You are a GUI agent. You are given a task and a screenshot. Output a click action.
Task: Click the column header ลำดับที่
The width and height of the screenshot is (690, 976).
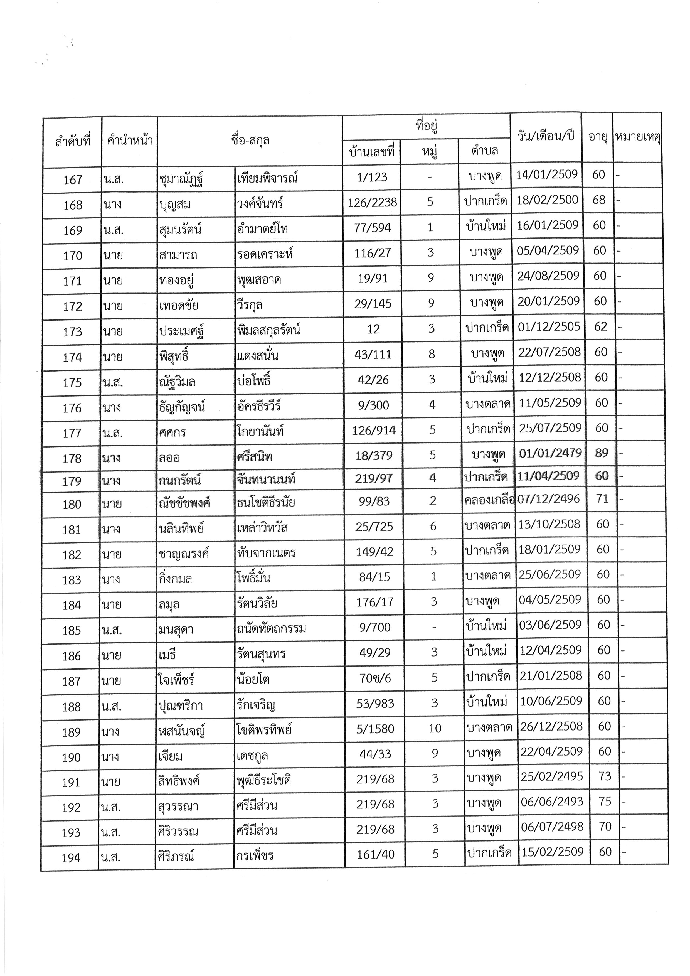coord(73,141)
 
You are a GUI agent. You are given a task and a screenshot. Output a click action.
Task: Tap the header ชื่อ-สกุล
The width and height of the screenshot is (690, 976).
coord(250,140)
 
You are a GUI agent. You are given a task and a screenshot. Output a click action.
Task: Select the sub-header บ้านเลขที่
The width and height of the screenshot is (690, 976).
coord(372,151)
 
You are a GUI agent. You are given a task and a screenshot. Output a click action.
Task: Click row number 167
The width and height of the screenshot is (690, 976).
coord(73,180)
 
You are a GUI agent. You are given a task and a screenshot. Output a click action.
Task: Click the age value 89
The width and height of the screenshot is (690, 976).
coord(602,453)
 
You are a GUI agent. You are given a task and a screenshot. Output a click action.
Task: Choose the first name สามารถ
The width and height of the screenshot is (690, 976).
coord(178,255)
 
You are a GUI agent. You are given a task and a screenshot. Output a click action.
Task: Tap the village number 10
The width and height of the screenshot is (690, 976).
coord(435,728)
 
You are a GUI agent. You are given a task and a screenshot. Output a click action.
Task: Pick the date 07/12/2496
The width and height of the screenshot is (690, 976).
coord(548,499)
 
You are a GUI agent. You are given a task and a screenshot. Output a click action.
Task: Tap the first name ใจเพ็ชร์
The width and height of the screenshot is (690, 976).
coord(176,680)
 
